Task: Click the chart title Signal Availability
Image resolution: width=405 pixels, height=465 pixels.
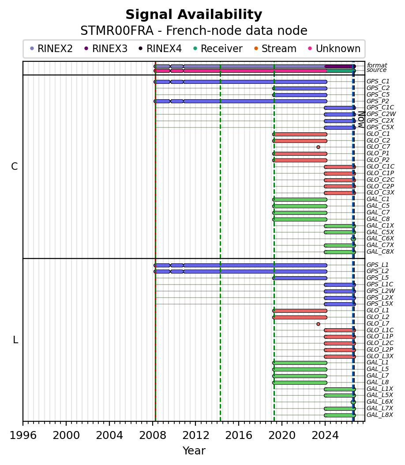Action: [194, 15]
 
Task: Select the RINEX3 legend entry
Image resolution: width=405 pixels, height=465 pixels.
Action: [106, 49]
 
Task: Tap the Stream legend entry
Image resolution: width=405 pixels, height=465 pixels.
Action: [275, 49]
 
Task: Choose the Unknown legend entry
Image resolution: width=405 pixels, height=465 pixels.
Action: [334, 49]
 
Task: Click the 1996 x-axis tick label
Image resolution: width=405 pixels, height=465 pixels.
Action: [23, 435]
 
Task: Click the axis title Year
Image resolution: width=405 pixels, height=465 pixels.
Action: [194, 451]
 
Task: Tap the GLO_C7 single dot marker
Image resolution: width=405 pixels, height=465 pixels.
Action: [318, 147]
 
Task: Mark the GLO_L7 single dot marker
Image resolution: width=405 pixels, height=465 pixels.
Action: [318, 324]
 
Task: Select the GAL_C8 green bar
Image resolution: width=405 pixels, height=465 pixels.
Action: [300, 219]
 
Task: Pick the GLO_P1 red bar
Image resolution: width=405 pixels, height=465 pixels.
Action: [300, 154]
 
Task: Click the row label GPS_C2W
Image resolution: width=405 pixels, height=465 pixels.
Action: [381, 114]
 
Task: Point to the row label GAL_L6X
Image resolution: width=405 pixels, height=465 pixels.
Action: [380, 401]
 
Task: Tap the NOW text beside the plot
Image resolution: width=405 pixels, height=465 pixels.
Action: [361, 119]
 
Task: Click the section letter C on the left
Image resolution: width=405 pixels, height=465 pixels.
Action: [14, 167]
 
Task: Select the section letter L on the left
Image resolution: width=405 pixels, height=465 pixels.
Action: [15, 340]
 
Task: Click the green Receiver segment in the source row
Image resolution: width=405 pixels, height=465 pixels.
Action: [340, 71]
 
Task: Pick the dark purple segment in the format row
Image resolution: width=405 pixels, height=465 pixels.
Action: [340, 67]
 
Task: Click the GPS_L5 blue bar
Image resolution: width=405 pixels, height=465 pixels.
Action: [300, 278]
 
